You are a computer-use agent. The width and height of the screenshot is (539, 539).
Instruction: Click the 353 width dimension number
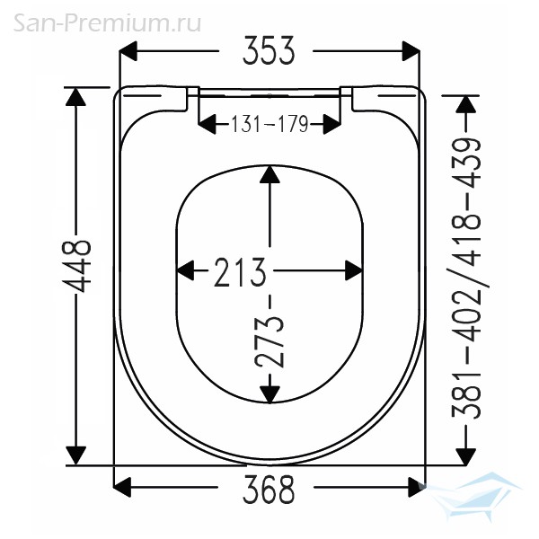(x=269, y=51)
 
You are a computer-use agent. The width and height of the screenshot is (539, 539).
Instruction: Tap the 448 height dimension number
(x=76, y=266)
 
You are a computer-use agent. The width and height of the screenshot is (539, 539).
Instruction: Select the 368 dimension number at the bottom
(x=269, y=489)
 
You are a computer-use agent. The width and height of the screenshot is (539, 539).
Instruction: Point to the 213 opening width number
(x=240, y=271)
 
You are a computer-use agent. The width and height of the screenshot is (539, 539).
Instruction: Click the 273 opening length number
(x=269, y=341)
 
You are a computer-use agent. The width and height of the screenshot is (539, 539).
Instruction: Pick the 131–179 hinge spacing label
(x=269, y=124)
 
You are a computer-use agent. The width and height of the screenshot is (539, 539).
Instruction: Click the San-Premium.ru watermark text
(x=107, y=23)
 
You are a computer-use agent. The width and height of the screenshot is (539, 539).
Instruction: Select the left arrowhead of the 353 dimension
(x=128, y=51)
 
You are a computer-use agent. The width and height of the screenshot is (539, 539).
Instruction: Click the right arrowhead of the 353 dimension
(x=411, y=51)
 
